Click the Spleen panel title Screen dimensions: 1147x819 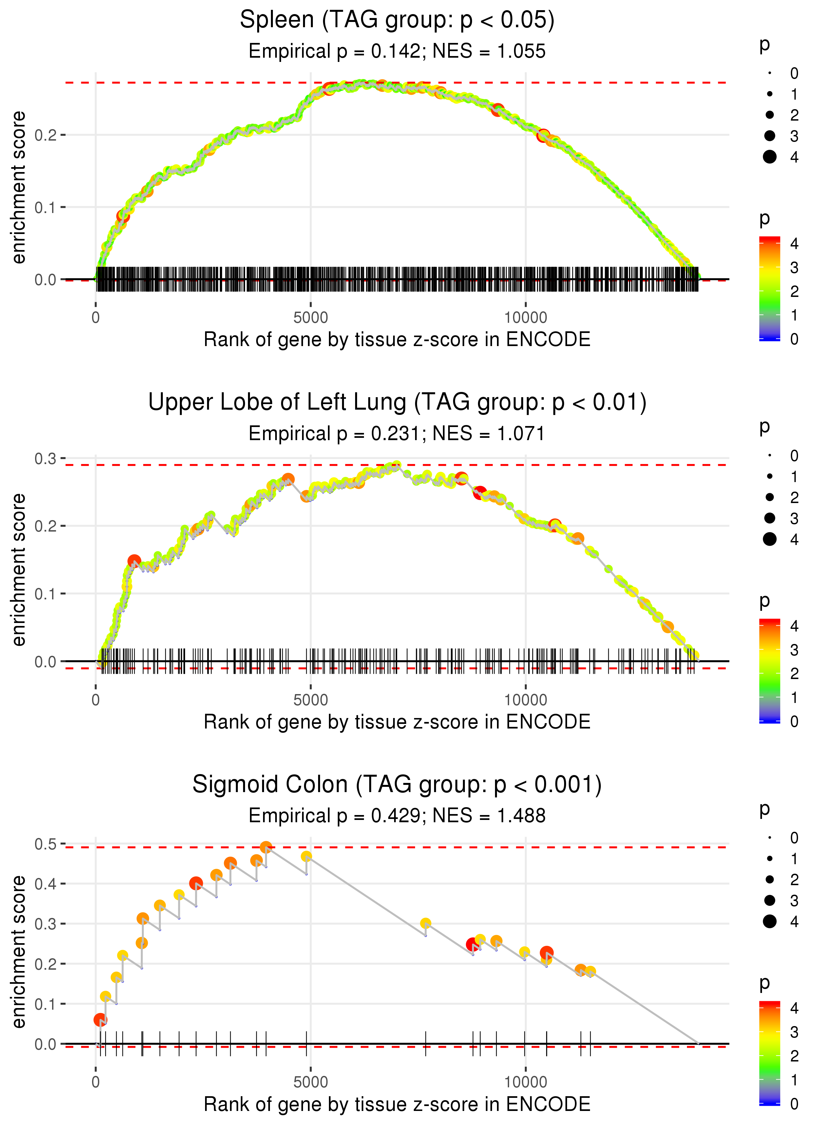point(397,20)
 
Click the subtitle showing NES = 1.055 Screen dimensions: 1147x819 point(397,51)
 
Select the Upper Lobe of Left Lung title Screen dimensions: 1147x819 point(397,402)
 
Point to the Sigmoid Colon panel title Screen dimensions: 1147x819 point(397,785)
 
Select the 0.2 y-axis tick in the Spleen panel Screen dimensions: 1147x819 point(46,135)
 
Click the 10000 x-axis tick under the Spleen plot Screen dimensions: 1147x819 point(525,318)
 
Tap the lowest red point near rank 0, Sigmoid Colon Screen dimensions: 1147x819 point(100,1020)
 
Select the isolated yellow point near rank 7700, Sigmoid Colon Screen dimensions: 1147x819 point(426,923)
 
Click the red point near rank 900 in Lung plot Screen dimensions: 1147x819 point(134,561)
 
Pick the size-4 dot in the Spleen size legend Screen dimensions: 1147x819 point(770,157)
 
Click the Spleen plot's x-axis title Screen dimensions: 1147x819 point(397,340)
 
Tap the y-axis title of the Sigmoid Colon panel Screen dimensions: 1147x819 point(19,952)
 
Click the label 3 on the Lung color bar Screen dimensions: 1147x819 point(794,650)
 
